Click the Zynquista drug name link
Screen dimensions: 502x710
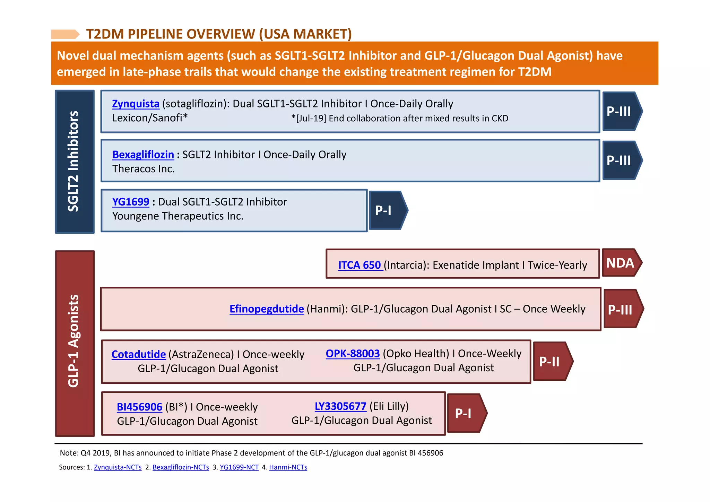coord(136,104)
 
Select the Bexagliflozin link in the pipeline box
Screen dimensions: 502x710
coord(143,155)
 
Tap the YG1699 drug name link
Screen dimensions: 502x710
coord(130,202)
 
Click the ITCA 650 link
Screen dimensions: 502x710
coord(360,265)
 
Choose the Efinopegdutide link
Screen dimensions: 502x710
coord(267,309)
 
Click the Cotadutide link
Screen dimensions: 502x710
coord(139,354)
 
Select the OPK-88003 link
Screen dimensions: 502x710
coord(353,354)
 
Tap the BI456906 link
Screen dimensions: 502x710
coord(139,407)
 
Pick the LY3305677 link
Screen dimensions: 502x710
coord(340,406)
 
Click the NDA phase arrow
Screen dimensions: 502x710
coord(621,263)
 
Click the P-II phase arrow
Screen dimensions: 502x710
coord(552,362)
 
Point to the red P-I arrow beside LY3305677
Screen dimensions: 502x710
coord(466,413)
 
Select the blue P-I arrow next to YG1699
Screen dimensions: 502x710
coord(387,210)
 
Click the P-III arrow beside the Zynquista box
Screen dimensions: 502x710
coord(621,111)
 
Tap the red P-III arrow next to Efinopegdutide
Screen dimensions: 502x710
coord(622,309)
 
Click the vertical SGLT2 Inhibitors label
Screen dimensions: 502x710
coord(74,162)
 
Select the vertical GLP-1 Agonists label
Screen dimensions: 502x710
coord(75,343)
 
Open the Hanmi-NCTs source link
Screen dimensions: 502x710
coord(288,467)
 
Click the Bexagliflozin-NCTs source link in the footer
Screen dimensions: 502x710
coord(181,467)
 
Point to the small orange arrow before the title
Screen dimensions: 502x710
coord(65,34)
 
